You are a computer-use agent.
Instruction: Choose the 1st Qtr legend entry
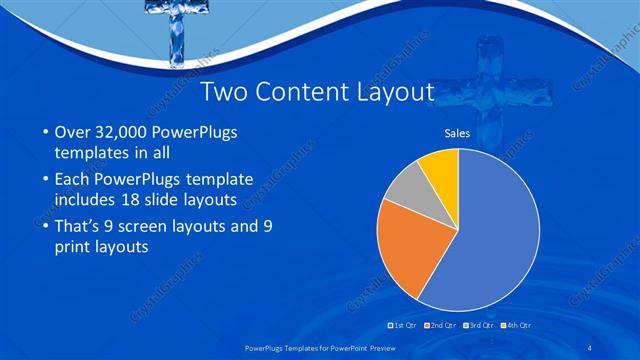point(402,326)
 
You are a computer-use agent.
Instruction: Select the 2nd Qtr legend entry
point(439,326)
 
